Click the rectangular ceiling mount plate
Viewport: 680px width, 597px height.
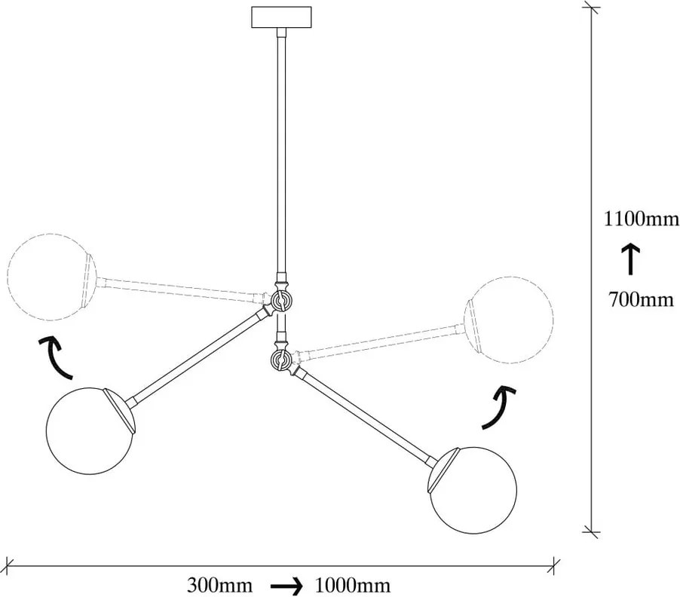click(x=281, y=17)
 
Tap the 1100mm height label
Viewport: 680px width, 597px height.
click(x=642, y=219)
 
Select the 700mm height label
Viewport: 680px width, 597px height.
click(x=642, y=299)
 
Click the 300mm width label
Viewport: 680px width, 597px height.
click(x=219, y=585)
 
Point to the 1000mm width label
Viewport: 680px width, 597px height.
click(x=352, y=585)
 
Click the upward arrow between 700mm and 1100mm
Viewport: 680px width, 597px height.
click(x=630, y=259)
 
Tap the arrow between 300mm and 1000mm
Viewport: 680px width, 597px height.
click(x=286, y=586)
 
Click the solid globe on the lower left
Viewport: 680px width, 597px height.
click(x=90, y=432)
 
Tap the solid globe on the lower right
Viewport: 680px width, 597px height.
click(x=473, y=491)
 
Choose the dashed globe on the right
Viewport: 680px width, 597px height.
click(x=509, y=320)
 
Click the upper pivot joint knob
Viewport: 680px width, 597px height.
click(x=280, y=299)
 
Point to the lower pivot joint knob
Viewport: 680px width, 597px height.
click(x=280, y=359)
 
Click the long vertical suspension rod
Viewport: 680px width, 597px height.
click(x=282, y=152)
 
